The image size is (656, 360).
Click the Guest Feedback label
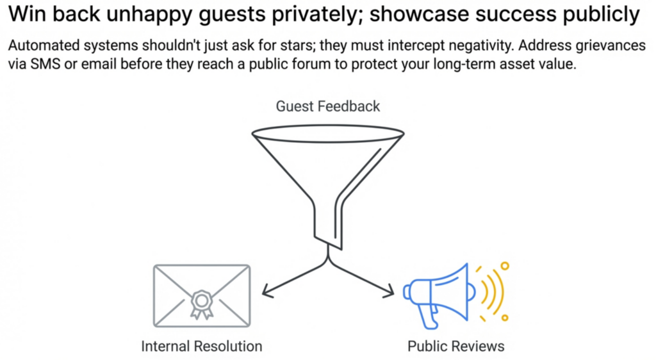pyautogui.click(x=327, y=106)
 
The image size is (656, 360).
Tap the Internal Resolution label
pyautogui.click(x=201, y=347)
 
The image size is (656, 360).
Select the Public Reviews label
pyautogui.click(x=455, y=347)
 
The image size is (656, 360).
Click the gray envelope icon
pyautogui.click(x=201, y=295)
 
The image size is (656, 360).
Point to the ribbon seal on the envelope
pyautogui.click(x=201, y=303)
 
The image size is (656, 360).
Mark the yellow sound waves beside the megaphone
pyautogui.click(x=492, y=291)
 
